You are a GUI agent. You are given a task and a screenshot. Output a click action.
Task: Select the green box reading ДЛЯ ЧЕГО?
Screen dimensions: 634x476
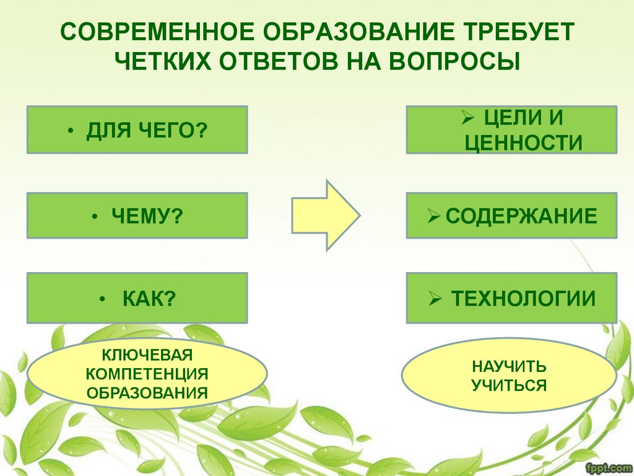click(x=137, y=130)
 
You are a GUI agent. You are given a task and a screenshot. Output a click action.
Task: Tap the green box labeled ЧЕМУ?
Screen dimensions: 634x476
click(x=137, y=216)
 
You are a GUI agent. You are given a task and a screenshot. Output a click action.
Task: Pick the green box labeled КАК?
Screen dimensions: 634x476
click(x=137, y=298)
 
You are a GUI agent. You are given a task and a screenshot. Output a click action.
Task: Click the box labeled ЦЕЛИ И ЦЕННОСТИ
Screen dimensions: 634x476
click(x=511, y=130)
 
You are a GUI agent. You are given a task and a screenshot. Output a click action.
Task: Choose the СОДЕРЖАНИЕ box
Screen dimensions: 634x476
click(x=511, y=216)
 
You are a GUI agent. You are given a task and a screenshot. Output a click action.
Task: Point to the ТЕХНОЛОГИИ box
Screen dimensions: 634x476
click(x=511, y=298)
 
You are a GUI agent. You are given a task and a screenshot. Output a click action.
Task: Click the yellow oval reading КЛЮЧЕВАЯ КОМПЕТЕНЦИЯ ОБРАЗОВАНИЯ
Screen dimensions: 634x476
click(x=147, y=374)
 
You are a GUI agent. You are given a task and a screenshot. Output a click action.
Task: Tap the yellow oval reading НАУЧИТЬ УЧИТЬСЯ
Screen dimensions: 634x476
click(x=509, y=375)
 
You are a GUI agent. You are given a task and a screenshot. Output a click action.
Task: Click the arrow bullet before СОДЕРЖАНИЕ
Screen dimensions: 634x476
click(x=434, y=216)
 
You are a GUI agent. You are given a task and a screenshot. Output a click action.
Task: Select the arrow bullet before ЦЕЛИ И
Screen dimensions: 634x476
click(x=468, y=117)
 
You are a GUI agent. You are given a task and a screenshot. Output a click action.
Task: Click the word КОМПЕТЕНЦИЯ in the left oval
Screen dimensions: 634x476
click(x=147, y=374)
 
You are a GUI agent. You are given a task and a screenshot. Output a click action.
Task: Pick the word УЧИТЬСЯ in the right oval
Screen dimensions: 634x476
click(x=509, y=386)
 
